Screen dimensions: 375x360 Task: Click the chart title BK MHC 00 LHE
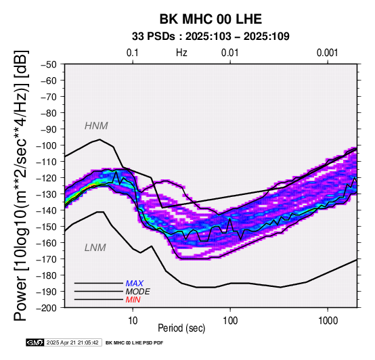pos(211,19)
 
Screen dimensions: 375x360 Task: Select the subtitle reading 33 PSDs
pos(153,37)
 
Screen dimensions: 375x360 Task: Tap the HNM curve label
pos(96,126)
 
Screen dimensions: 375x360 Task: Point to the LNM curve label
pos(95,248)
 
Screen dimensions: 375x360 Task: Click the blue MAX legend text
pos(135,284)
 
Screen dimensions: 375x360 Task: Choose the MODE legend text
pos(138,292)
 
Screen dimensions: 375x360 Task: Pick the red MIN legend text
pos(133,300)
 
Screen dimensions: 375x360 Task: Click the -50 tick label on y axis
pos(49,64)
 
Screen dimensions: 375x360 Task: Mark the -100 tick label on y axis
pos(46,145)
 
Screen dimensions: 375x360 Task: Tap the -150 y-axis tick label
pos(46,227)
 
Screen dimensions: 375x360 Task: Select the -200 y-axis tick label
pos(46,308)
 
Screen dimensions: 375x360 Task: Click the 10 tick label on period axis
pos(133,321)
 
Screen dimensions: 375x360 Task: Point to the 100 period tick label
pos(230,321)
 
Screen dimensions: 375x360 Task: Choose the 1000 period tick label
pos(328,321)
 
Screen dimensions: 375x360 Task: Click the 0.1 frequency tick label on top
pos(133,53)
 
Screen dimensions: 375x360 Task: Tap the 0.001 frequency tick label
pos(328,53)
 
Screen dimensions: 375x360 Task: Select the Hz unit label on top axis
pos(181,53)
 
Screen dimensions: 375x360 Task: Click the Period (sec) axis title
pos(181,328)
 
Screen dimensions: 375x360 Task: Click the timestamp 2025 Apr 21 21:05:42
pos(72,343)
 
